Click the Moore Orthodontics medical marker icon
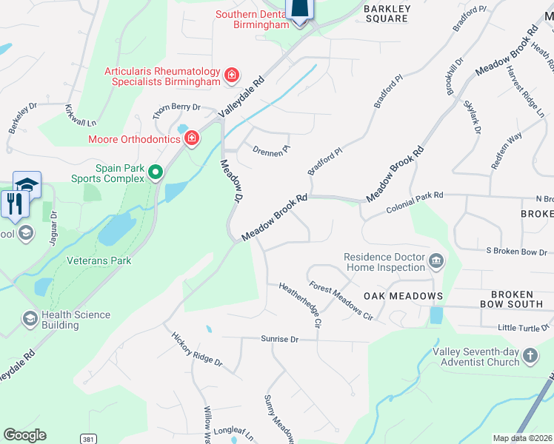coord(192,138)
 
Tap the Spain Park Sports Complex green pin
coord(156,172)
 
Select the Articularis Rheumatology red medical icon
coord(232,75)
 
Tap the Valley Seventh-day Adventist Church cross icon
coord(530,356)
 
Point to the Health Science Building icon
coord(30,318)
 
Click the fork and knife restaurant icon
coord(15,203)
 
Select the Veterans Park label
coord(99,260)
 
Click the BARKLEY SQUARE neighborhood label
coord(386,13)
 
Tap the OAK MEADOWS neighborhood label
coord(403,296)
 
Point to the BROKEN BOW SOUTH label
coord(512,299)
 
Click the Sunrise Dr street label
coord(278,339)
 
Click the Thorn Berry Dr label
coord(176,107)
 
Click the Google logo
coord(24,435)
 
